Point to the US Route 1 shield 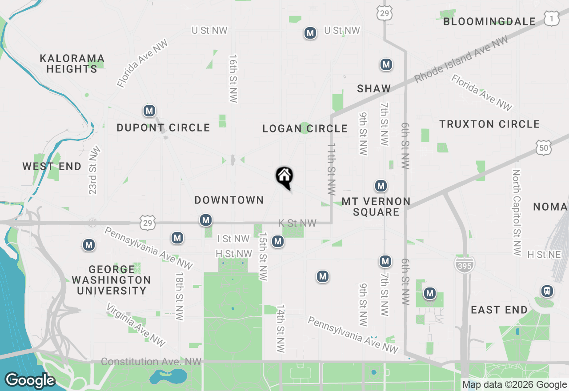(x=551, y=18)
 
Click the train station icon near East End (x=547, y=291)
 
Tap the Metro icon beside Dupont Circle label (x=149, y=111)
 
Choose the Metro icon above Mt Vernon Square (x=381, y=185)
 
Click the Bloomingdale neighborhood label (x=489, y=21)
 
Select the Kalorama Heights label (x=72, y=64)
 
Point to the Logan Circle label (x=305, y=129)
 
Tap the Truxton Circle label (x=489, y=124)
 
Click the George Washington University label (x=112, y=280)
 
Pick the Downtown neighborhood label (x=229, y=200)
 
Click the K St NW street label (x=297, y=223)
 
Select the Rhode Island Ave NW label (x=461, y=60)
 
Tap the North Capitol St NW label (x=516, y=212)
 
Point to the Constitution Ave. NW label (x=151, y=362)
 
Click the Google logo (x=30, y=380)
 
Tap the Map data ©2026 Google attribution (x=514, y=385)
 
